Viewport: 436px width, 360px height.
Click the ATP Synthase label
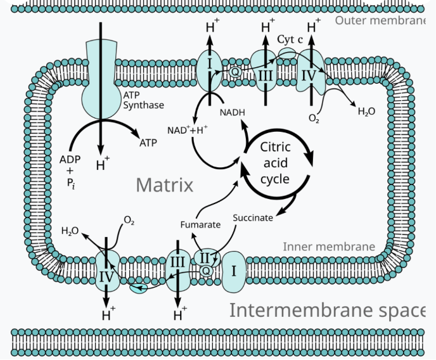pos(143,100)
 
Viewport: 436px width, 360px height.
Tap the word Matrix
pos(165,185)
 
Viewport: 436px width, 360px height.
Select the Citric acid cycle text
pos(275,163)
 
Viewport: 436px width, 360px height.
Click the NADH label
pos(233,112)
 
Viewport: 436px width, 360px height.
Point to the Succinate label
pos(253,217)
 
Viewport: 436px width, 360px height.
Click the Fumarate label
pos(200,224)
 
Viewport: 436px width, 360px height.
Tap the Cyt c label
pos(290,39)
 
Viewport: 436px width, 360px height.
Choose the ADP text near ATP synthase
pos(70,160)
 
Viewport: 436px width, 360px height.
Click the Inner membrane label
pos(329,247)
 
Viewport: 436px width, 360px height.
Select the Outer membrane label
pos(380,20)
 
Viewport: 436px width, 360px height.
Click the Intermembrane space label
pos(327,310)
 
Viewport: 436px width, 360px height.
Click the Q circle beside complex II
pos(206,271)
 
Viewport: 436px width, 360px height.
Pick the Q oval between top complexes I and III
pos(235,72)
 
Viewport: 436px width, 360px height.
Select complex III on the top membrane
pos(265,71)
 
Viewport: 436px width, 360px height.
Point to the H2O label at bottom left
pos(70,231)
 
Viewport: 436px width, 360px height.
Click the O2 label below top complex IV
pos(314,119)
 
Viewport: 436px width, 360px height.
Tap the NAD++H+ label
pos(188,130)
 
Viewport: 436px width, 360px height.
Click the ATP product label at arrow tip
pos(148,143)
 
